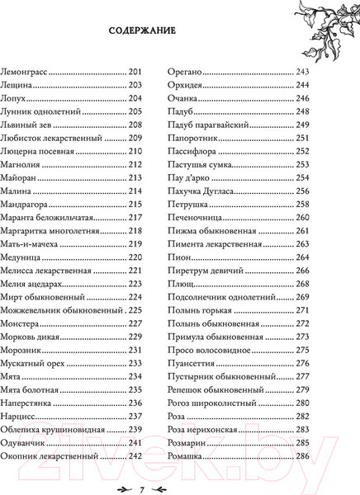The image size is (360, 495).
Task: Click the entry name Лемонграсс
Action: [x=31, y=72]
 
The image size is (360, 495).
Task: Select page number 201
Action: [x=137, y=72]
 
